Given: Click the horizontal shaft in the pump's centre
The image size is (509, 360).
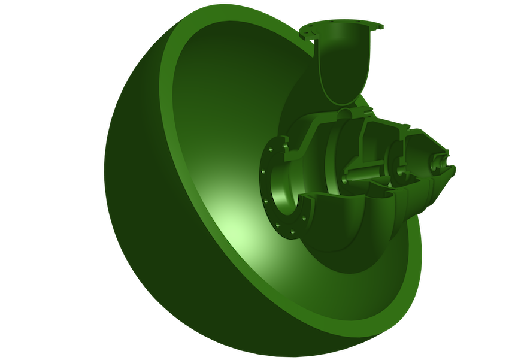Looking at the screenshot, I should (x=365, y=173).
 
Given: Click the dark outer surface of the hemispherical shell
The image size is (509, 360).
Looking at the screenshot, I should (x=144, y=240).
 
